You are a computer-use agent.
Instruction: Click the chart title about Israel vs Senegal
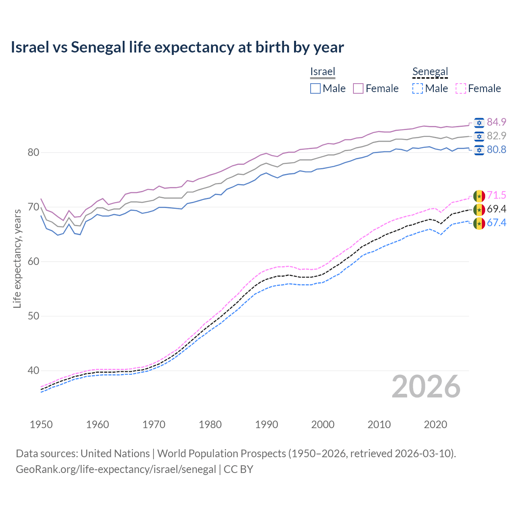click(177, 47)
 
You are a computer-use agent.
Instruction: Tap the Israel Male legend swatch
click(315, 88)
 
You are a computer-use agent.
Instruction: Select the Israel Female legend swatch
click(358, 88)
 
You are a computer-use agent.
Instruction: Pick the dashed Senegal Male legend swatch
click(418, 88)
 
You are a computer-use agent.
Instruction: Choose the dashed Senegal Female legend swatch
click(461, 88)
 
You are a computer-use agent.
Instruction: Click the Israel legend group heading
click(323, 71)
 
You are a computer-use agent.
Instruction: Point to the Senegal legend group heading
click(430, 71)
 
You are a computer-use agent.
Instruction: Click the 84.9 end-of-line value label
click(496, 122)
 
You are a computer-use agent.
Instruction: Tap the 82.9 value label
click(496, 136)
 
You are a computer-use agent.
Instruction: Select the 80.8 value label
click(496, 149)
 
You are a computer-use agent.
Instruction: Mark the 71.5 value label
click(496, 195)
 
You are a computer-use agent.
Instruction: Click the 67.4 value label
click(496, 223)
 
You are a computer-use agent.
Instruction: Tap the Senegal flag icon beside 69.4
click(479, 209)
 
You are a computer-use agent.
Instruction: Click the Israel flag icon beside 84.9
click(479, 122)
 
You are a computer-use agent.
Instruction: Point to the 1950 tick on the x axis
click(41, 425)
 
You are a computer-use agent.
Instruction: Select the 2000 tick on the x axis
click(323, 425)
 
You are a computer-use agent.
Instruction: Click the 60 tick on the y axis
click(34, 261)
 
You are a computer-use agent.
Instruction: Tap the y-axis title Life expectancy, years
click(17, 258)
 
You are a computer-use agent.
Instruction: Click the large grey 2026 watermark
click(426, 387)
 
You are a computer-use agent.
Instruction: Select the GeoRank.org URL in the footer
click(116, 469)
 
